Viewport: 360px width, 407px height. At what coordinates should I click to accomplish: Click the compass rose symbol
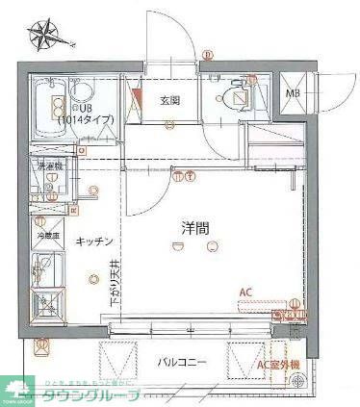tap(43, 37)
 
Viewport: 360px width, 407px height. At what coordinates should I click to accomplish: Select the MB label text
tap(293, 93)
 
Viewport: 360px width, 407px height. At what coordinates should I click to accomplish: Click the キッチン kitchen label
tap(96, 241)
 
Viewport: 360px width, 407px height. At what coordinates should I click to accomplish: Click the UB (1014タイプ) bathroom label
tap(85, 113)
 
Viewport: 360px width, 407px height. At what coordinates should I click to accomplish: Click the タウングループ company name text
tap(92, 394)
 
